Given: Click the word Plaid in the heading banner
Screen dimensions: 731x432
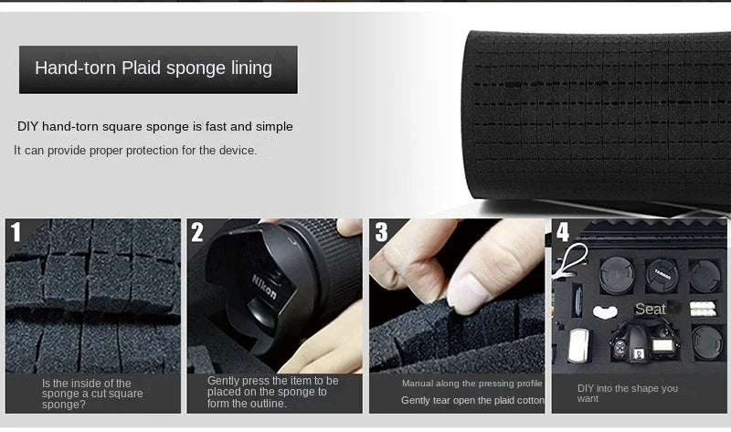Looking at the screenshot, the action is [x=142, y=68].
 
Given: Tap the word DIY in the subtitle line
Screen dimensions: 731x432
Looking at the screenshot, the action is [x=27, y=126].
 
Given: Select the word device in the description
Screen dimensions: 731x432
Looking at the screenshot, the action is [x=237, y=151].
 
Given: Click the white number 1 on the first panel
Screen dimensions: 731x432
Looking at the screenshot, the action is [x=16, y=232].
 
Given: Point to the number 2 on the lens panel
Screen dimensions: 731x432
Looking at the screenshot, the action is [x=197, y=232].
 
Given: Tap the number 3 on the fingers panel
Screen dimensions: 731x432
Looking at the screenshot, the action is [x=381, y=232].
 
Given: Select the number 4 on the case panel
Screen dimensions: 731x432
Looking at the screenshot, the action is [x=563, y=232].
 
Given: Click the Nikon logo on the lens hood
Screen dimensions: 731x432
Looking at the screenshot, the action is [x=264, y=286].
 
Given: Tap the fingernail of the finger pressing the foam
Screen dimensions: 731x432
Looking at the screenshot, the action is [x=467, y=293].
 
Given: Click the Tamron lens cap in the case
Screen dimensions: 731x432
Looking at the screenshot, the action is [x=662, y=276].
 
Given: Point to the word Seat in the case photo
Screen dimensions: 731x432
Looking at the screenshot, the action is [x=650, y=309].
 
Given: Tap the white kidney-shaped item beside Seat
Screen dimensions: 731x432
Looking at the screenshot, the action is [x=605, y=311].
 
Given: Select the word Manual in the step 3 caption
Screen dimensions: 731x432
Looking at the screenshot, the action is [x=418, y=384].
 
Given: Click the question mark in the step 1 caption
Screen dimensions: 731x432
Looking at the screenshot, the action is [x=82, y=404].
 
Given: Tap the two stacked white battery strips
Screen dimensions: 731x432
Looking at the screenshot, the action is [x=702, y=308].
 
